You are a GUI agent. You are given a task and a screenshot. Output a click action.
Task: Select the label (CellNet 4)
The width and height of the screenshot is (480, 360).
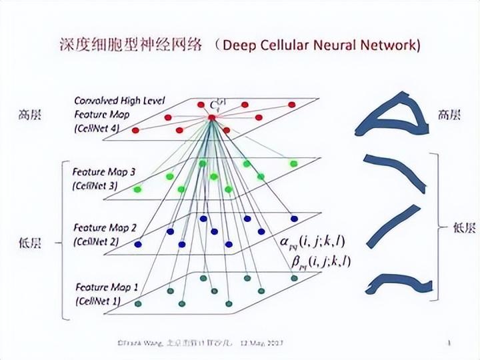(97, 128)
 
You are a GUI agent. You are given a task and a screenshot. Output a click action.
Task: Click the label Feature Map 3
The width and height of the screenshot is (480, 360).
(104, 172)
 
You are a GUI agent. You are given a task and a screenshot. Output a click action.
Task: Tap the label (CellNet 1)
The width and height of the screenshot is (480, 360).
(99, 301)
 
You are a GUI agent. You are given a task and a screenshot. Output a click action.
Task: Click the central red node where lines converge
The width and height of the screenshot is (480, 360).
(211, 117)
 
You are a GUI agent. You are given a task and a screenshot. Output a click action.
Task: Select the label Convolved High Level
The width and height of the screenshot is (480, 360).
(119, 101)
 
